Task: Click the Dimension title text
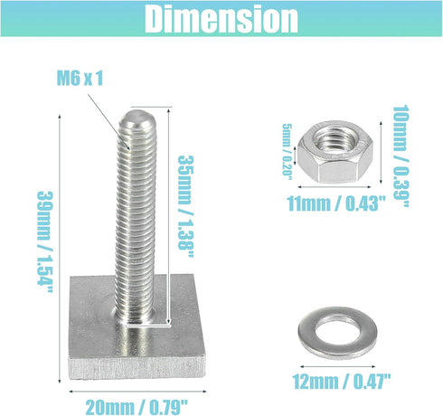click(221, 19)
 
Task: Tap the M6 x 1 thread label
click(80, 78)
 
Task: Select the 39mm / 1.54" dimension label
click(45, 241)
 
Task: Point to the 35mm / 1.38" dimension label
click(185, 206)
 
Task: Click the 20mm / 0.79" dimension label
click(137, 408)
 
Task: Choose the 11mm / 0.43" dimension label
click(336, 203)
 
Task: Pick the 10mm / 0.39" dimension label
click(401, 156)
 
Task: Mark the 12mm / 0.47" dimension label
click(342, 382)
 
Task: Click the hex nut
click(335, 152)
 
